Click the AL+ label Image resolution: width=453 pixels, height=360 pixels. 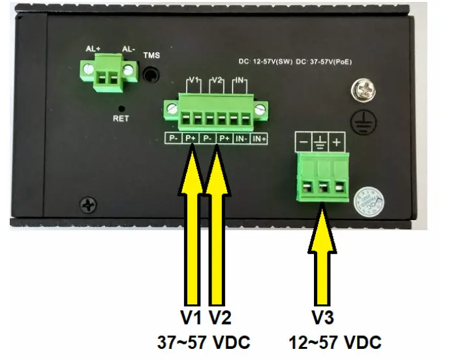coord(92,49)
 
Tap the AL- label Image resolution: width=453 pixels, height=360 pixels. coord(129,49)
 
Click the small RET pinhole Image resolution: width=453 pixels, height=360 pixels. coord(121,106)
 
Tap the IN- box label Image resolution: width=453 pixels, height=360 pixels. coord(242,138)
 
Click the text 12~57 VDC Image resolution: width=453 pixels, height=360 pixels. coord(334,342)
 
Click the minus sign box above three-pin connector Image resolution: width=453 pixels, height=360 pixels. coord(304,142)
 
